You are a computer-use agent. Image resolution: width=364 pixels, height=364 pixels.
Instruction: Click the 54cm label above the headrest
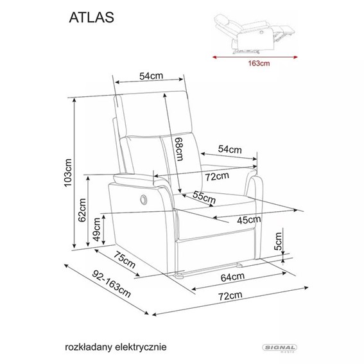(x=151, y=76)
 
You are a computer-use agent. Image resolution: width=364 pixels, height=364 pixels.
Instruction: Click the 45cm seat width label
(x=249, y=220)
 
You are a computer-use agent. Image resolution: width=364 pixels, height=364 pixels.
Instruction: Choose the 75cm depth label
(x=125, y=261)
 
